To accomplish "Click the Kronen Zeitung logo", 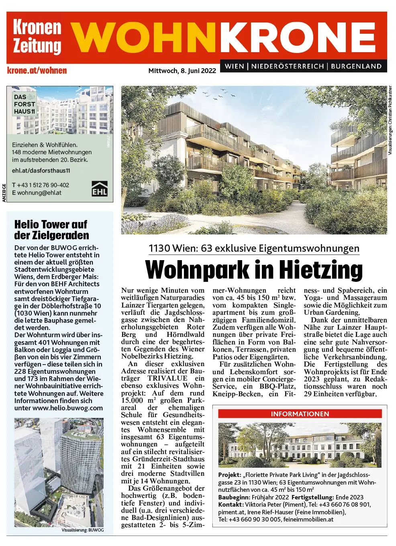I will (37, 37).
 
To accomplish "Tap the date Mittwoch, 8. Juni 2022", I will (182, 71).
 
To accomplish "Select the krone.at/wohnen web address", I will (37, 71).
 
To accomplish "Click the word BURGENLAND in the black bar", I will (356, 66).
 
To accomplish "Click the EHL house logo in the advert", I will (100, 188).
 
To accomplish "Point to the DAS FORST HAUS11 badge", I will (24, 104).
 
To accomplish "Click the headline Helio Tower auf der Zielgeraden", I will (51, 230).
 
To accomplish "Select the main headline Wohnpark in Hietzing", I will (254, 270).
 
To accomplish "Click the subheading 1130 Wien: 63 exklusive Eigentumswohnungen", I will (254, 249).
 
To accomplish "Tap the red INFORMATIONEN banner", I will (300, 414).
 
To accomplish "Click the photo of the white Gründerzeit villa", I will (300, 445).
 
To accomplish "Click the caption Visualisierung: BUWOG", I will (82, 530).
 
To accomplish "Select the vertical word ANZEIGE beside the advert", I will (4, 193).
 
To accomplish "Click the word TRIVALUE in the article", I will (167, 378).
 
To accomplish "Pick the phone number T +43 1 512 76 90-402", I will (41, 185).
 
